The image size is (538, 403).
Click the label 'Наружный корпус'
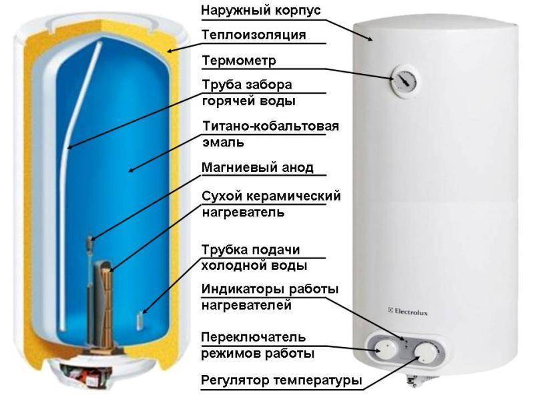coord(261,10)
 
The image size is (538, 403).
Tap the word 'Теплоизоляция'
coord(254,35)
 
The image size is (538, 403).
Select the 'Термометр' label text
coord(239,61)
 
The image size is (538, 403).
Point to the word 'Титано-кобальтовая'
coord(271,126)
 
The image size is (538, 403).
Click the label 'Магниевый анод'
coord(258,167)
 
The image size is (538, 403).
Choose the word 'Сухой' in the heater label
coord(222,197)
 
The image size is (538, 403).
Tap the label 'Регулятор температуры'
coord(282,380)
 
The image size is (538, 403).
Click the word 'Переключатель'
coord(253,337)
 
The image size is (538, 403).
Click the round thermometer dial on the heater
coord(404,80)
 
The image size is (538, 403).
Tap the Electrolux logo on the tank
coord(408,312)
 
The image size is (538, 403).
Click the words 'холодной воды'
coord(254,266)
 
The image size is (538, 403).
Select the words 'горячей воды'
coord(249,101)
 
